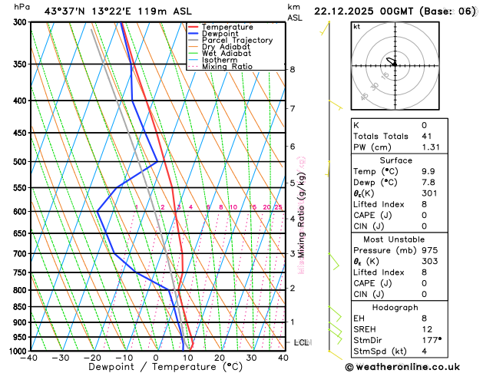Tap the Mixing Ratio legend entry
[x=227, y=67]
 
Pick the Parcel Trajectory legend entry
[x=237, y=40]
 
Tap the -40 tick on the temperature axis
[x=30, y=358]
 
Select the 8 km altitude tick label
[x=292, y=69]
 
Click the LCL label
[x=301, y=342]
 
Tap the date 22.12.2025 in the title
[x=343, y=11]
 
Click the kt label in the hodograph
[x=356, y=26]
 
